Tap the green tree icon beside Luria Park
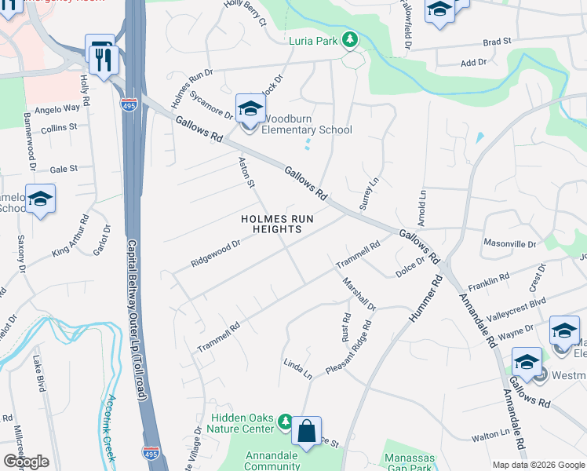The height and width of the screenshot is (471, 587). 350,39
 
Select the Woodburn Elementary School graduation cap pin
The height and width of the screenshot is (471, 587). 250,109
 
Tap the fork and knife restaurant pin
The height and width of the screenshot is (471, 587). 104,59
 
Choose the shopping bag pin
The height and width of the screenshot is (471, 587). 307,430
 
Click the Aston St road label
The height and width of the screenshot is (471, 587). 247,172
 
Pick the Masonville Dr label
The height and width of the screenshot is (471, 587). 509,244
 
